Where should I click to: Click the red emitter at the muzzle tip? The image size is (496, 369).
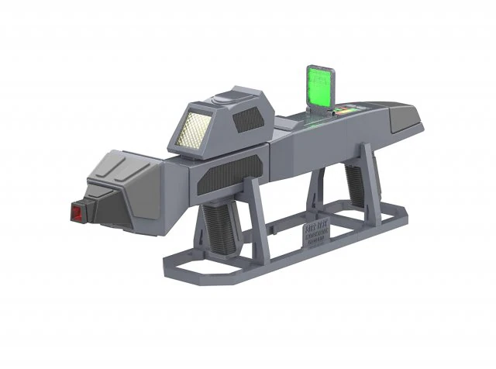pos(76,212)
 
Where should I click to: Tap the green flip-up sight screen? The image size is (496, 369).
pos(318,86)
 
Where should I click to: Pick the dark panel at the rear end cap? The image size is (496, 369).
pos(408,116)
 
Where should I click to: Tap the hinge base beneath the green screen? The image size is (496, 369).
pos(317,116)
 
